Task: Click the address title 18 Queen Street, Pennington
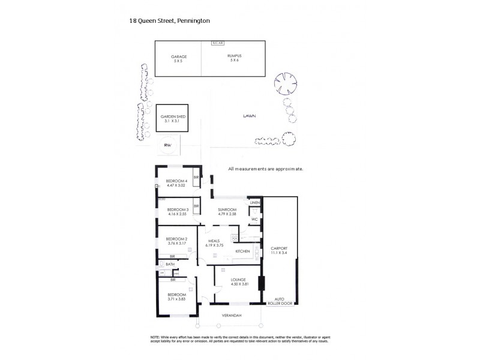pos(169,20)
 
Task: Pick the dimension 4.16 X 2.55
pos(177,214)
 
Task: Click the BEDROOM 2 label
pos(177,239)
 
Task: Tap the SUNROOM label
pos(228,209)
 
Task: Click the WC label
pos(254,219)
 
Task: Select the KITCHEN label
pos(242,251)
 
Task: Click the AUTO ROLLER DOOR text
pos(279,301)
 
